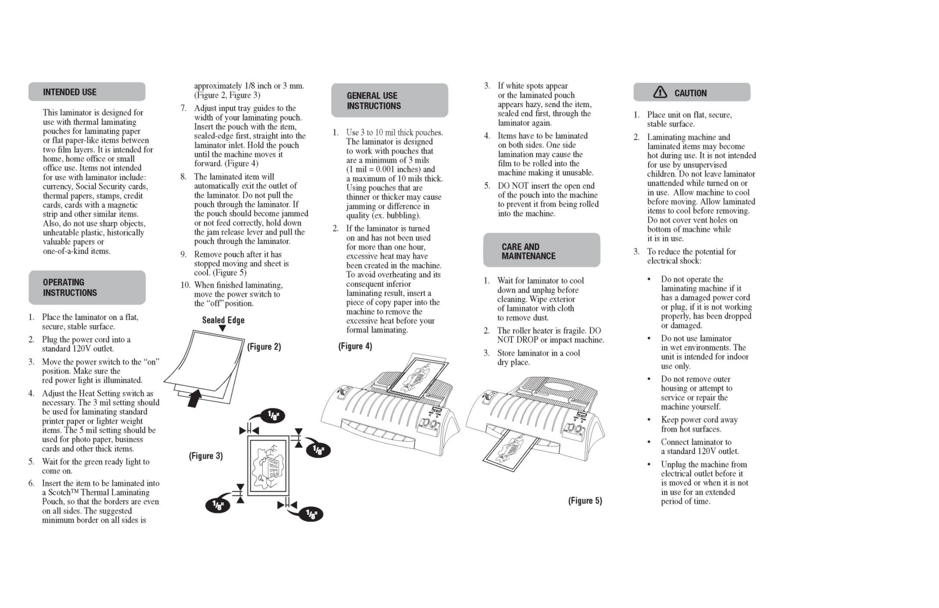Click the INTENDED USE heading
(69, 92)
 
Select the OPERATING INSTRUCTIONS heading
(69, 287)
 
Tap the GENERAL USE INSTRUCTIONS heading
(373, 101)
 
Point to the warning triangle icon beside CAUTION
(659, 92)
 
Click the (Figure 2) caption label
(264, 347)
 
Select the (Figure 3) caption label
(206, 456)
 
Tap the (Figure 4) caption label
(355, 346)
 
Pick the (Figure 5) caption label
(585, 501)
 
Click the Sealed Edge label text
(223, 320)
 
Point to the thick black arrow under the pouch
(194, 398)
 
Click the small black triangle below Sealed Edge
(222, 328)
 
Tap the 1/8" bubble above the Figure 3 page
(273, 415)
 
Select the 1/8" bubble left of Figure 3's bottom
(218, 505)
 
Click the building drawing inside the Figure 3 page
(268, 466)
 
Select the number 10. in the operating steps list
(186, 285)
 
